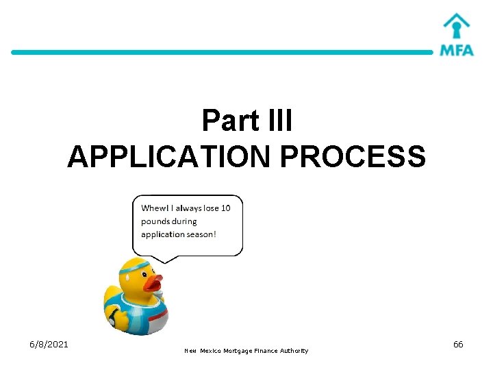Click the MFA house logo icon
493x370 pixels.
456,27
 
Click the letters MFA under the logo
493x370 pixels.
456,50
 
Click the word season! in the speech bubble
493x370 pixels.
199,234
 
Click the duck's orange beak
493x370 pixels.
152,282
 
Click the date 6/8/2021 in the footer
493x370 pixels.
49,344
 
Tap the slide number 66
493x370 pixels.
458,344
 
